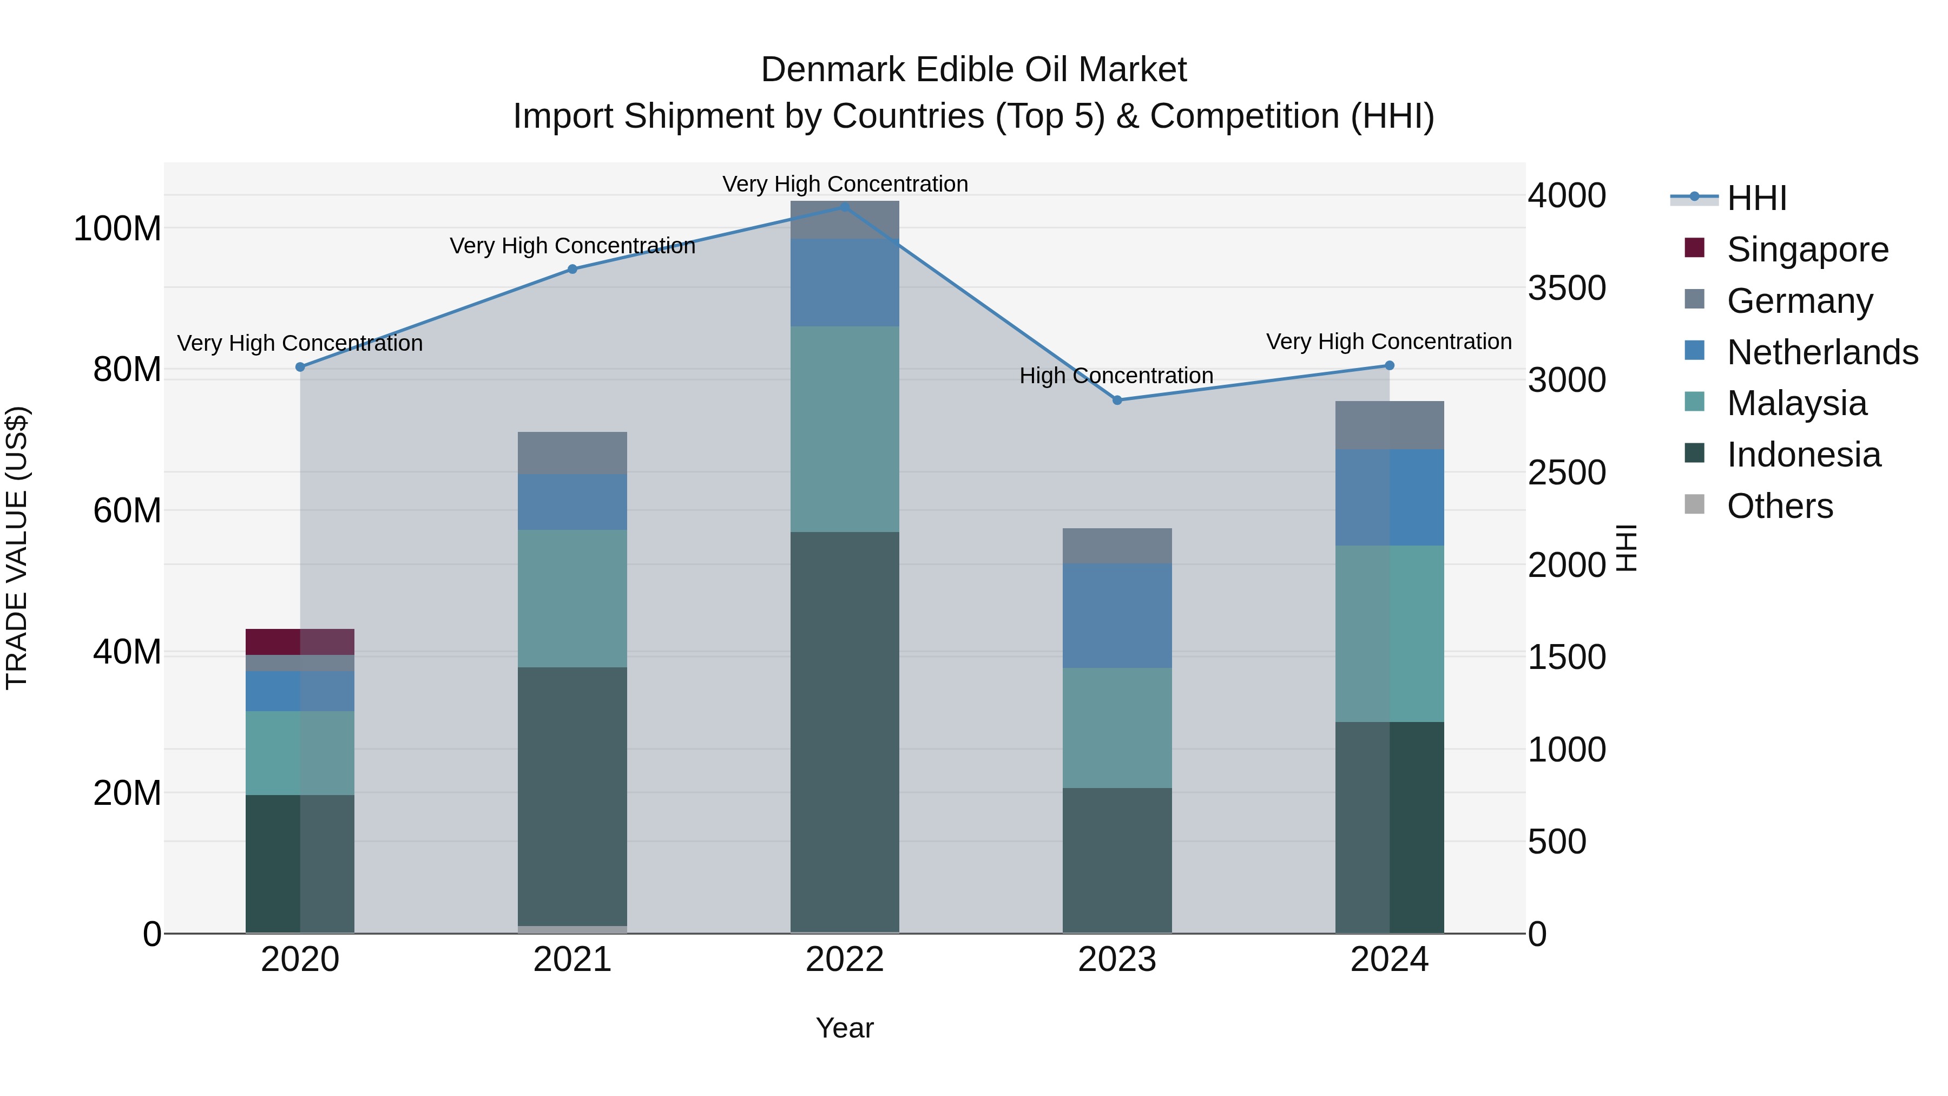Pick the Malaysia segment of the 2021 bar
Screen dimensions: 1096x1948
coord(572,598)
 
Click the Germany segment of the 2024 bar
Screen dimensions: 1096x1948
coord(1389,425)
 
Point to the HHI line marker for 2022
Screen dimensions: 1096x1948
coord(845,207)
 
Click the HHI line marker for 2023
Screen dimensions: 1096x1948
coord(1117,399)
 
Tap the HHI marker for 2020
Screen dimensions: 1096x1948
coord(300,367)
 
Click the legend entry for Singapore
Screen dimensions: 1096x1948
coord(1807,249)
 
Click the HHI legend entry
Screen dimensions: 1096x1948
coord(1756,198)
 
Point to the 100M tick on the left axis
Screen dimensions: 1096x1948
coord(117,228)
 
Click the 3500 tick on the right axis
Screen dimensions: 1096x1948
coord(1567,288)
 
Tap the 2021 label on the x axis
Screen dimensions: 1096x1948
coord(572,960)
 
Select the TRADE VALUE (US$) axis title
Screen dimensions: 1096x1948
coord(17,548)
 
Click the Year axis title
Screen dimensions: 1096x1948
coord(845,1028)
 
